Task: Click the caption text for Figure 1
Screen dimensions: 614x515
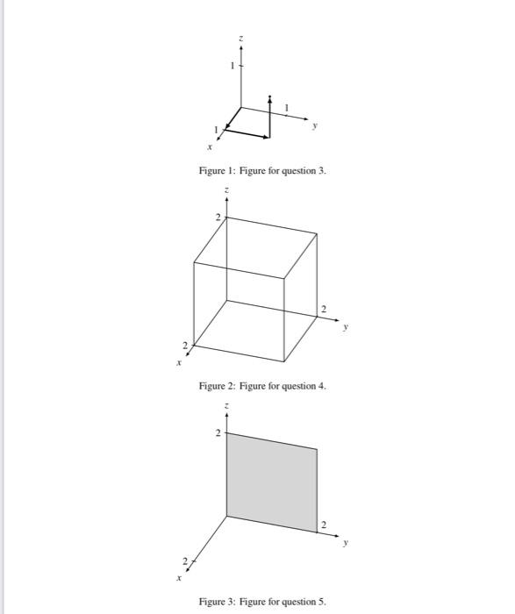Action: click(262, 170)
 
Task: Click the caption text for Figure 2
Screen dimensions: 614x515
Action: click(262, 386)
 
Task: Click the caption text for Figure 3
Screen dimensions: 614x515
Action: click(262, 602)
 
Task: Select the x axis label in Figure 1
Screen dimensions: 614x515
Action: click(209, 148)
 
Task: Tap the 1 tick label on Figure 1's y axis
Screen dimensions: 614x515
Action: click(285, 107)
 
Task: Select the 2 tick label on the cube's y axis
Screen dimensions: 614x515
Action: click(323, 309)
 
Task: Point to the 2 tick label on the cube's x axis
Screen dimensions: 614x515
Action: click(185, 343)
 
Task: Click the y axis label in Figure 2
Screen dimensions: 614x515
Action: click(345, 328)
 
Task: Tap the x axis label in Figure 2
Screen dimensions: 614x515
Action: click(178, 361)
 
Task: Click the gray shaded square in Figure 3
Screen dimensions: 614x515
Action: click(271, 482)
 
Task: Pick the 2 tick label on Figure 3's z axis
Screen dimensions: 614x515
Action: click(218, 432)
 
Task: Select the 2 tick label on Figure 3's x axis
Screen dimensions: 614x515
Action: click(185, 560)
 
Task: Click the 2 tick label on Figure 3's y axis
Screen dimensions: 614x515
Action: click(323, 525)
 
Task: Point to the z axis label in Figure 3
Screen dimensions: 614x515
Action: click(226, 405)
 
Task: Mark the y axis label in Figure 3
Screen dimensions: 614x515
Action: click(345, 544)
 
